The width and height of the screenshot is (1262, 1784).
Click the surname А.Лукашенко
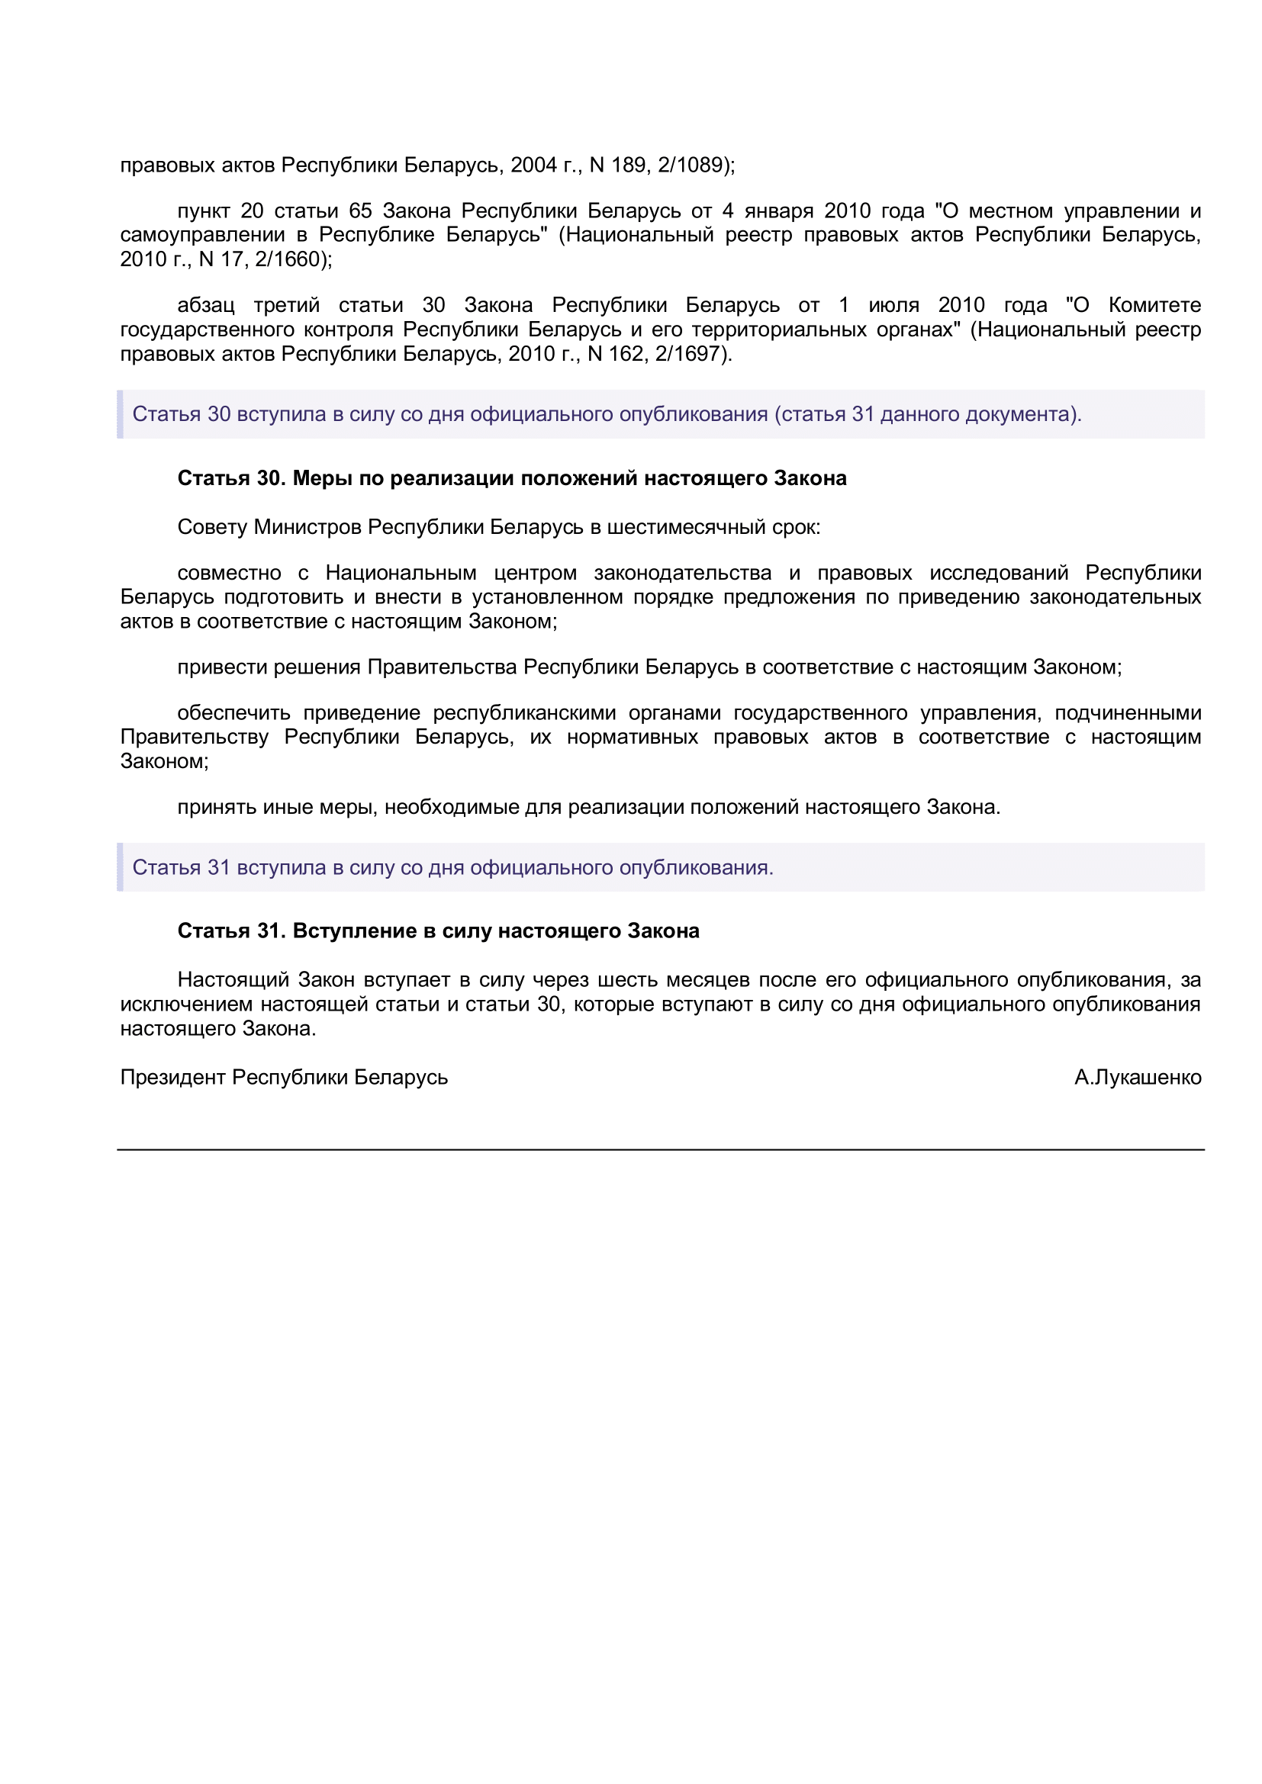[x=1138, y=1078]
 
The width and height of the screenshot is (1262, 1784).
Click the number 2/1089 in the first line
[x=693, y=166]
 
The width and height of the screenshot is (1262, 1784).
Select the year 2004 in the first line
[x=534, y=166]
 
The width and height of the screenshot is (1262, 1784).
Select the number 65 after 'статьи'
[x=361, y=211]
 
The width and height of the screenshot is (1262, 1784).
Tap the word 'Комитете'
[x=1154, y=305]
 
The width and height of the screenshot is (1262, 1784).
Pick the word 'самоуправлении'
[x=202, y=236]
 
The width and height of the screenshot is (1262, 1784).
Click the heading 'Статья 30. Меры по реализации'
[x=511, y=479]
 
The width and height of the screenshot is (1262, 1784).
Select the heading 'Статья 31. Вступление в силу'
[x=438, y=931]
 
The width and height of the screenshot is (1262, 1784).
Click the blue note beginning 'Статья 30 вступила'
[x=606, y=415]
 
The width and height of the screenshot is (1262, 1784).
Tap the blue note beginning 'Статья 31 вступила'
[x=452, y=868]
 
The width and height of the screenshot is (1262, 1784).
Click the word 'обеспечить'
[x=233, y=713]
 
